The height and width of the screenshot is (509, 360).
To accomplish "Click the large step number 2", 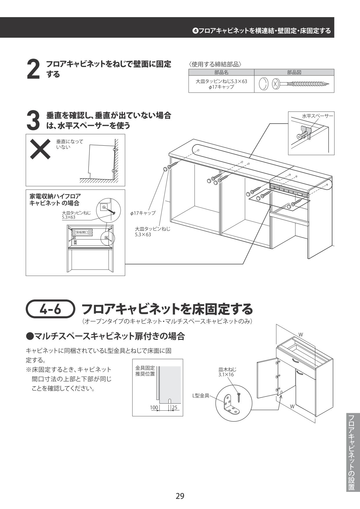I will point(33,69).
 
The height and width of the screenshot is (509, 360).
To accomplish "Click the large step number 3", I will point(33,121).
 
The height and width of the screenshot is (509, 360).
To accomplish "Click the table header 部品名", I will point(221,73).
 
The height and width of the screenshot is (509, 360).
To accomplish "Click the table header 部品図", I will point(294,73).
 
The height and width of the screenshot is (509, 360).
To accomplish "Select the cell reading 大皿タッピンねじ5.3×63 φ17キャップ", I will point(221,84).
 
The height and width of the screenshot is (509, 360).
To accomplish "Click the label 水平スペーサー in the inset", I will point(318,116).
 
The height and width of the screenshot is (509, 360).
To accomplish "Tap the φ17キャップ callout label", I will point(143,213).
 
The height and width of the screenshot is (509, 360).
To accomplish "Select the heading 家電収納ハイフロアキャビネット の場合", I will point(55,200).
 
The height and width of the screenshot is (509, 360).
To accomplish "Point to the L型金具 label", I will point(201,395).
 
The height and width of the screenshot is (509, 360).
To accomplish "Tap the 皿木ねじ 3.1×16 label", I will point(227,372).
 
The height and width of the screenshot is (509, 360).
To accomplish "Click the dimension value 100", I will point(154,408).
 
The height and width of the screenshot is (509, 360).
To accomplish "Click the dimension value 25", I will point(174,408).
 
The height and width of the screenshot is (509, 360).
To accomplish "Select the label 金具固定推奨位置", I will point(145,371).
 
